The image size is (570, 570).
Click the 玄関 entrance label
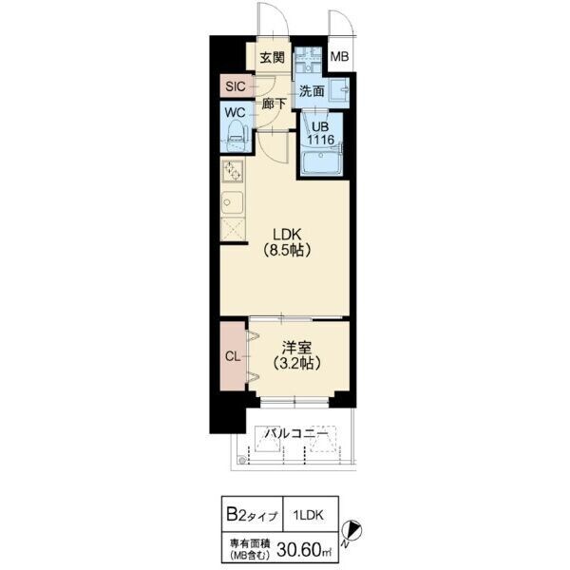point(273,57)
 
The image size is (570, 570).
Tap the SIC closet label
point(236,86)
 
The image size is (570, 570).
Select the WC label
point(235,113)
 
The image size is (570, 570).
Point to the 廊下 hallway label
point(275,104)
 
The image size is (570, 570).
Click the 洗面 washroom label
point(312,91)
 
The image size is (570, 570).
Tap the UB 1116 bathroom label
point(320,133)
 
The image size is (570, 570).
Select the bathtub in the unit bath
point(321,162)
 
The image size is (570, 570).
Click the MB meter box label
point(339,57)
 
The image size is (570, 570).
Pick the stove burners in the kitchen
point(233,171)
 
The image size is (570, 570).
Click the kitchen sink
point(233,203)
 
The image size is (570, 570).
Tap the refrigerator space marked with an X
point(233,229)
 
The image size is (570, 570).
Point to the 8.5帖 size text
point(287,250)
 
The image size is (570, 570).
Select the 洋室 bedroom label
point(297,348)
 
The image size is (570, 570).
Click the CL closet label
point(233,356)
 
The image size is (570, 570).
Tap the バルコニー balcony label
point(295,433)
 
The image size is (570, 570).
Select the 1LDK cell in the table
point(308,515)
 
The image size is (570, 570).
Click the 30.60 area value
point(299,550)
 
